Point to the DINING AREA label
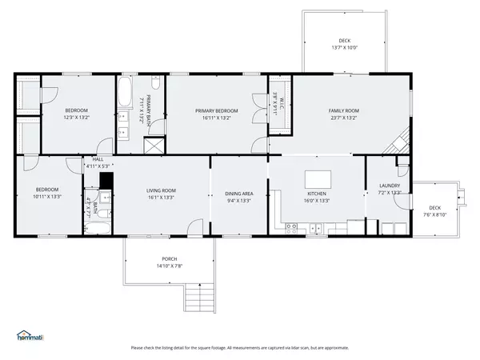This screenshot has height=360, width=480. coord(239,193)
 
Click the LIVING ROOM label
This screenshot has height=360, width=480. coord(161,190)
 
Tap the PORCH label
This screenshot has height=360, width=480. coord(170,258)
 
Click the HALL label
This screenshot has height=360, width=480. coord(98,159)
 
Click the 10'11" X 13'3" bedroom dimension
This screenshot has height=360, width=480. coord(47,197)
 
